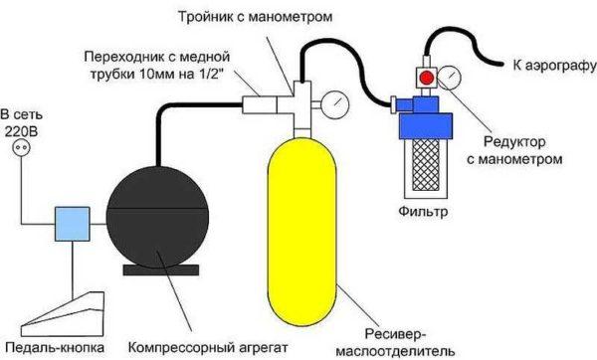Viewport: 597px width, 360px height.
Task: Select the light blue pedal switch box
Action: pos(73,222)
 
